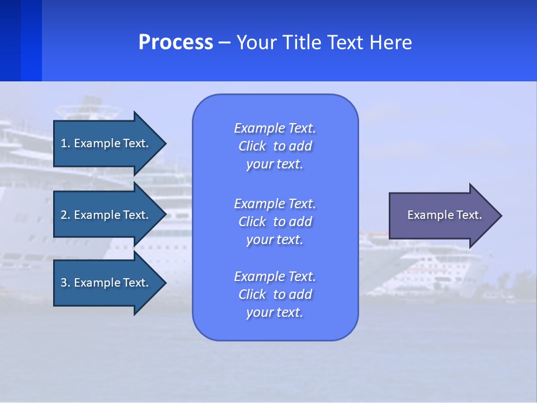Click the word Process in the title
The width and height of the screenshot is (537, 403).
pyautogui.click(x=176, y=42)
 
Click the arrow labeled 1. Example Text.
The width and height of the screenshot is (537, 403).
pyautogui.click(x=110, y=143)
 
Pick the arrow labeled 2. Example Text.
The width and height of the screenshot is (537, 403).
pyautogui.click(x=110, y=214)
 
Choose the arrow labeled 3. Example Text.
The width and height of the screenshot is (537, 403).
pyautogui.click(x=110, y=283)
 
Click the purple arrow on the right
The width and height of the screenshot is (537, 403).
pyautogui.click(x=445, y=215)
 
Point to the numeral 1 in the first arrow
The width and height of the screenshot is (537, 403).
pyautogui.click(x=63, y=143)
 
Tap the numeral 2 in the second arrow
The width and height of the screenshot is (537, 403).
pyautogui.click(x=64, y=215)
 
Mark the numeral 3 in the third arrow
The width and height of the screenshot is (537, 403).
pyautogui.click(x=64, y=283)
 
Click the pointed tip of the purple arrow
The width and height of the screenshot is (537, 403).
pyautogui.click(x=502, y=215)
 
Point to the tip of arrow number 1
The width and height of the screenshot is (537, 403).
pyautogui.click(x=166, y=144)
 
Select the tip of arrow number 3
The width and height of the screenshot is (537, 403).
pyautogui.click(x=166, y=283)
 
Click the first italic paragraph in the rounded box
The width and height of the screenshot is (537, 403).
pyautogui.click(x=275, y=146)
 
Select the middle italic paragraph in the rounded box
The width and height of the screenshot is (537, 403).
pyautogui.click(x=275, y=222)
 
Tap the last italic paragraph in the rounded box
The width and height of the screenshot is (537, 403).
pyautogui.click(x=275, y=294)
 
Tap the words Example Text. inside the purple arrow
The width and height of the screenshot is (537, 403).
pyautogui.click(x=445, y=215)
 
